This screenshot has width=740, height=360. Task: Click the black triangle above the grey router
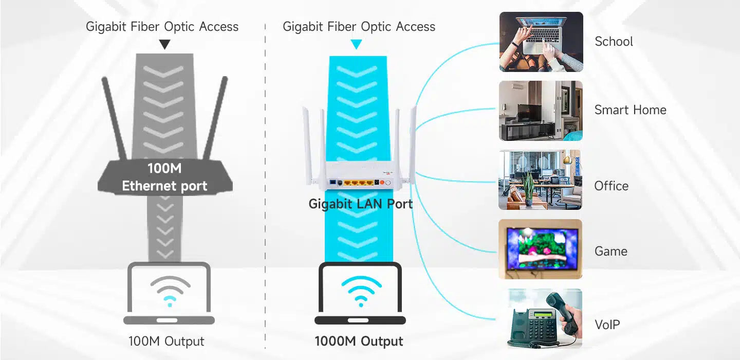pyautogui.click(x=164, y=45)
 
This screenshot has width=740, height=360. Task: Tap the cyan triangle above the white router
pyautogui.click(x=356, y=45)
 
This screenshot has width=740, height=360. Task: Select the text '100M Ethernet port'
pyautogui.click(x=164, y=177)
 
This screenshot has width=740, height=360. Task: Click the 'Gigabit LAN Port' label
pyautogui.click(x=360, y=204)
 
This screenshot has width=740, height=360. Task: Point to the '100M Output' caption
pyautogui.click(x=166, y=341)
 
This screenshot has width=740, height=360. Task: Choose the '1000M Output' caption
pyautogui.click(x=359, y=341)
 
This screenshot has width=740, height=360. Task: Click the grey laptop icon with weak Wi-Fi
pyautogui.click(x=169, y=294)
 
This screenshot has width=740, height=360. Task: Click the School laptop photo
pyautogui.click(x=541, y=42)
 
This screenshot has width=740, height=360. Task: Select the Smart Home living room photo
pyautogui.click(x=541, y=111)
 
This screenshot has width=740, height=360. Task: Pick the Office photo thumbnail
pyautogui.click(x=541, y=180)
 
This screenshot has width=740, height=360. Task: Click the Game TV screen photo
pyautogui.click(x=541, y=249)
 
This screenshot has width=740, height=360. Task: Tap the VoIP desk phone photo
pyautogui.click(x=541, y=319)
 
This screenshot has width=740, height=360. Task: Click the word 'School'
pyautogui.click(x=614, y=42)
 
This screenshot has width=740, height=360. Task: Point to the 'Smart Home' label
pyautogui.click(x=630, y=110)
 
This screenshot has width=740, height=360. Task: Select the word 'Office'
pyautogui.click(x=611, y=186)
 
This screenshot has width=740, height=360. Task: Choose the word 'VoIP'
pyautogui.click(x=607, y=325)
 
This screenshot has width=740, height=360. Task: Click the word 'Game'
pyautogui.click(x=610, y=251)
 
